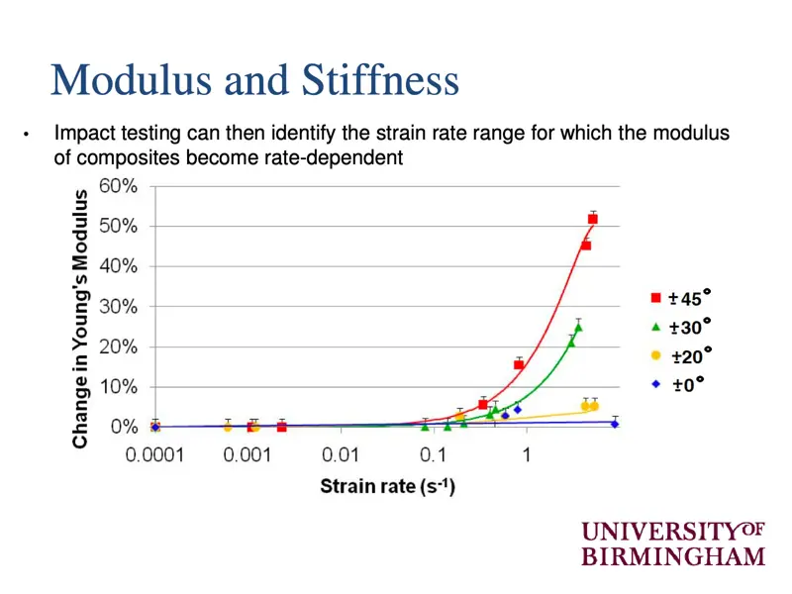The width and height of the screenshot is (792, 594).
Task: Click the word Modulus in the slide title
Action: pyautogui.click(x=134, y=80)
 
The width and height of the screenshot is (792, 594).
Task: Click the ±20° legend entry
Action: pyautogui.click(x=683, y=355)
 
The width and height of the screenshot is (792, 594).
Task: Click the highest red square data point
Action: pyautogui.click(x=593, y=219)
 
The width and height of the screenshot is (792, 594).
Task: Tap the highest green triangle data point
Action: pyautogui.click(x=578, y=327)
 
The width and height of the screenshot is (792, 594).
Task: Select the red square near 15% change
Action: pyautogui.click(x=519, y=365)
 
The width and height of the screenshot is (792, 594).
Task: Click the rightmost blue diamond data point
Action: pyautogui.click(x=615, y=424)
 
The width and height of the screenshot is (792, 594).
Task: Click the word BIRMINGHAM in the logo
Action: pyautogui.click(x=673, y=555)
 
